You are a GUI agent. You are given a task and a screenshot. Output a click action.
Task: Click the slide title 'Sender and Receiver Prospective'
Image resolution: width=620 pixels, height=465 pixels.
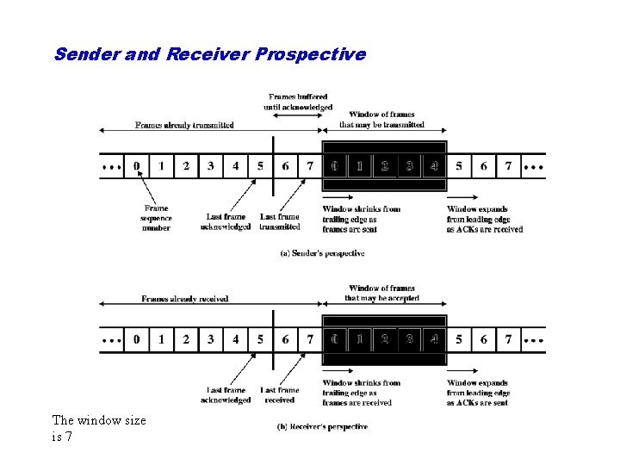click(x=209, y=54)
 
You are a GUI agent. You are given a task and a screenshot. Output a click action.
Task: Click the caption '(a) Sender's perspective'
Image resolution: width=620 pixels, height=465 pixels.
click(x=322, y=253)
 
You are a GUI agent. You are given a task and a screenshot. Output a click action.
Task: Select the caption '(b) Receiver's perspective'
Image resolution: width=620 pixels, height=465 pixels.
click(x=322, y=426)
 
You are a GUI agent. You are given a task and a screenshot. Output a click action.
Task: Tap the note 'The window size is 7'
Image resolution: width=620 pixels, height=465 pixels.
click(x=99, y=428)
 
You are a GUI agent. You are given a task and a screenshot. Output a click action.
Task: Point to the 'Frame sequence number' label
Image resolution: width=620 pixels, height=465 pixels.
click(x=156, y=218)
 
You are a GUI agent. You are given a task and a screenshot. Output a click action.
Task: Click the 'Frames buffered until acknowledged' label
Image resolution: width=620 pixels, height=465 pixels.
click(x=298, y=102)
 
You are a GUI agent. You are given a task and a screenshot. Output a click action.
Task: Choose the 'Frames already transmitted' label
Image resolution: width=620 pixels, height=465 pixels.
click(x=184, y=125)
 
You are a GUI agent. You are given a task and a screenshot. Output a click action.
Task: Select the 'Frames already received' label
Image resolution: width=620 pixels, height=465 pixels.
click(x=184, y=299)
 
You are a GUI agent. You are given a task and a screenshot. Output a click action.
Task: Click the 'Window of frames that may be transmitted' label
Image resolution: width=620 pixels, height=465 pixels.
click(x=381, y=119)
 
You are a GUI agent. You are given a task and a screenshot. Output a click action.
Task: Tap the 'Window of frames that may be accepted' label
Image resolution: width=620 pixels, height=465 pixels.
click(x=381, y=293)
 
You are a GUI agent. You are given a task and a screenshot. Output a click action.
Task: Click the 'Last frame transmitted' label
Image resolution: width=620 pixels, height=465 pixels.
click(x=280, y=221)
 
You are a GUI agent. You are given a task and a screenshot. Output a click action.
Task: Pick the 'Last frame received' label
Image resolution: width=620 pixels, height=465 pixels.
click(x=280, y=395)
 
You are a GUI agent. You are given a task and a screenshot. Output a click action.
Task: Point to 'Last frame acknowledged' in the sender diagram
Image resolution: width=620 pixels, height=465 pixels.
click(x=226, y=221)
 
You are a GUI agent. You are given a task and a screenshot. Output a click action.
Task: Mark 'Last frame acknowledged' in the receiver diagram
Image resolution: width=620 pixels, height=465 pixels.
click(x=226, y=395)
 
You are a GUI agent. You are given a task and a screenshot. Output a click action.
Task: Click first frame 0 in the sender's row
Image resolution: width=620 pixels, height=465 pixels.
click(x=137, y=165)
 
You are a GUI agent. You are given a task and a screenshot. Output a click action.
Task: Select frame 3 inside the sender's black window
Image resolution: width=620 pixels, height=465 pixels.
click(x=409, y=165)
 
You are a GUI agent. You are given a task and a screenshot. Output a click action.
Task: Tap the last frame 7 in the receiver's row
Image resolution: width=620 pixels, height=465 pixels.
click(x=508, y=339)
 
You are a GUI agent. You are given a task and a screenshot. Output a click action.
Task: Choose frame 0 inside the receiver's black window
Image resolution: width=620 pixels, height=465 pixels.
click(x=334, y=339)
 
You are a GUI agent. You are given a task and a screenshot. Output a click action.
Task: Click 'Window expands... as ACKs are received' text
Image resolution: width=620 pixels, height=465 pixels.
click(x=485, y=219)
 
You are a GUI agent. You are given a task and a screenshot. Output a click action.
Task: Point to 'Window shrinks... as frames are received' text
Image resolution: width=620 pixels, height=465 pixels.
click(x=361, y=393)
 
